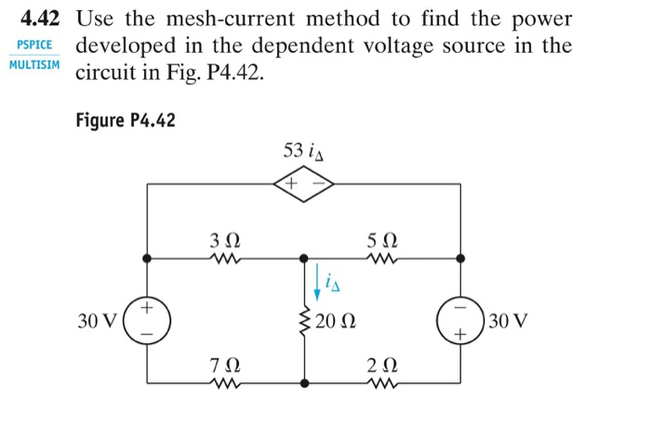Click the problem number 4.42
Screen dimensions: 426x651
[x=40, y=19]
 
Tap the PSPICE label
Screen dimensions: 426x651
[x=33, y=45]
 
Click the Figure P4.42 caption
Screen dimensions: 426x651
[x=126, y=121]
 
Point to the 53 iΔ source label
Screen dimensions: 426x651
[x=305, y=151]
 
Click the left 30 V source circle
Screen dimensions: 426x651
[x=146, y=319]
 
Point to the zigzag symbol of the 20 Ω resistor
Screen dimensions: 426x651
[x=304, y=321]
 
